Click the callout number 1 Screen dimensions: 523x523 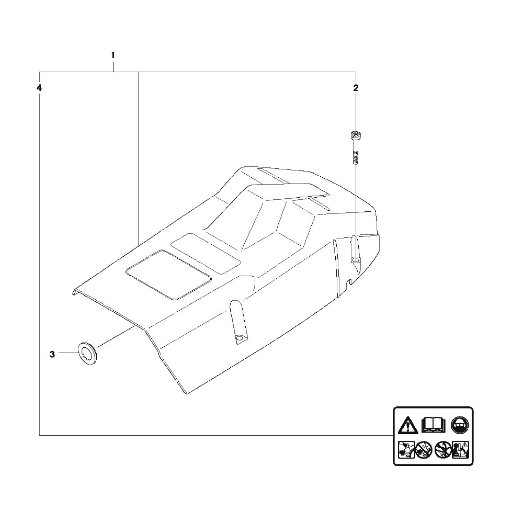[113, 55]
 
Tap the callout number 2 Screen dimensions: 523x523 [356, 88]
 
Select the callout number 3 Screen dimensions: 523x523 [52, 354]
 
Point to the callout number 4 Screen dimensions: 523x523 [39, 88]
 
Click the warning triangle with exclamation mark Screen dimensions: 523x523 [407, 425]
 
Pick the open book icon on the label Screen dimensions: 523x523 [433, 425]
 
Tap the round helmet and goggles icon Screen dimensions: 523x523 [460, 425]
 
